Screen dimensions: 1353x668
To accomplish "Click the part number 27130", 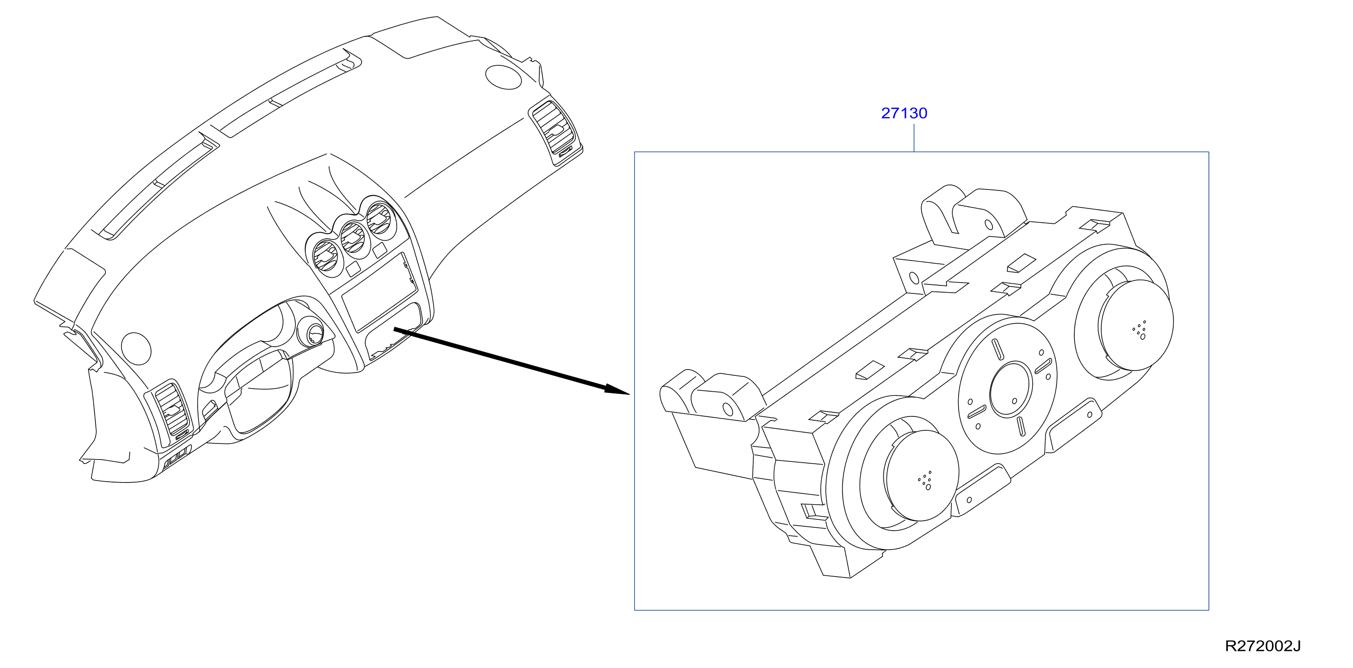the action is tap(904, 113).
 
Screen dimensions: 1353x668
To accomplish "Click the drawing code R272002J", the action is tap(1262, 646).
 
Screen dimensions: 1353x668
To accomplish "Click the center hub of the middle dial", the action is tap(1010, 389).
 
